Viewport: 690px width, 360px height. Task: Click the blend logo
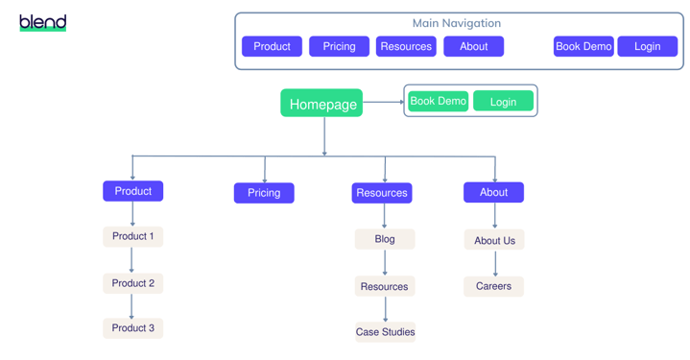(x=43, y=22)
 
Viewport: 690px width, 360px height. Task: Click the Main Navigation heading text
(x=456, y=23)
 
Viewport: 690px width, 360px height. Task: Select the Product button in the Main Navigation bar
(x=272, y=46)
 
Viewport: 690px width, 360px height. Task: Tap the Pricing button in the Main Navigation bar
(x=339, y=46)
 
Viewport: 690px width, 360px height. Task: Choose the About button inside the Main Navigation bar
(x=473, y=46)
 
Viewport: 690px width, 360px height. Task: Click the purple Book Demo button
(x=583, y=46)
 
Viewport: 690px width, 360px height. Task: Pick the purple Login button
(x=647, y=46)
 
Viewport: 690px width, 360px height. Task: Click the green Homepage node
(x=321, y=104)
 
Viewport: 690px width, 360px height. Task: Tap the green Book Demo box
(x=438, y=101)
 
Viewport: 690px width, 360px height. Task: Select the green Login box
(x=503, y=101)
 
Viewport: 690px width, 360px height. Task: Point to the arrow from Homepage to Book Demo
(x=383, y=102)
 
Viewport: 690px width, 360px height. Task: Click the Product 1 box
(x=132, y=236)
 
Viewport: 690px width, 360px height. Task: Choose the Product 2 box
(x=132, y=283)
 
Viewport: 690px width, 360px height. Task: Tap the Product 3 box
(x=132, y=328)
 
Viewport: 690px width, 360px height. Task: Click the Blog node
(x=385, y=239)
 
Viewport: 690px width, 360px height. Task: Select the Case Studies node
(x=385, y=332)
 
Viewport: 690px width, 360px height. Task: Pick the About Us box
(x=494, y=240)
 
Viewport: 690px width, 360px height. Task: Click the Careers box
(x=493, y=286)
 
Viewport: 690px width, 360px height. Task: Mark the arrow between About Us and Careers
(x=495, y=264)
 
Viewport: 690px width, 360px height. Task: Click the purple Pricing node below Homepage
(x=264, y=193)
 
